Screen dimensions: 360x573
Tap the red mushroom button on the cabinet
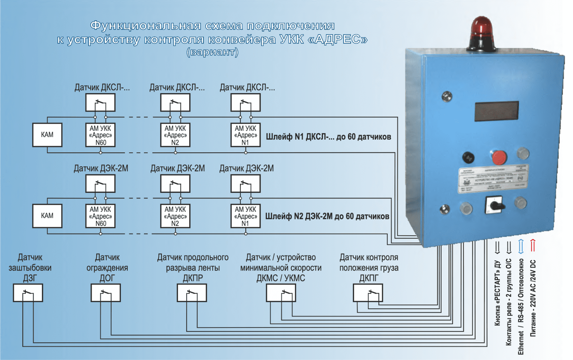point(499,157)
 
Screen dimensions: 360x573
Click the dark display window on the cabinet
point(496,111)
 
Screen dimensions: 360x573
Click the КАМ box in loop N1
point(47,135)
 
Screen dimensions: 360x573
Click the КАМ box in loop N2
point(47,216)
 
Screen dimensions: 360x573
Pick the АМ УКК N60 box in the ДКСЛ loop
point(101,135)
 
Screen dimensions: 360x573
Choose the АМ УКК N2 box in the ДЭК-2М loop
point(175,216)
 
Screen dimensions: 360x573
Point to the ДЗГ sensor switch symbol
point(28,293)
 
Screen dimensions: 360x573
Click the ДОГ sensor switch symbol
point(106,293)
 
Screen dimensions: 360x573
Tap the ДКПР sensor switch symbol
point(192,293)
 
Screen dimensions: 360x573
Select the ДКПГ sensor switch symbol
point(368,293)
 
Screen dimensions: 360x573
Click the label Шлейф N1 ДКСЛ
point(328,137)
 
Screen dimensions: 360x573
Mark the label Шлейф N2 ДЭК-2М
point(327,217)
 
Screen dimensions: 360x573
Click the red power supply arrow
point(533,246)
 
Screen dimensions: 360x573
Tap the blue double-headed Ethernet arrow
point(521,246)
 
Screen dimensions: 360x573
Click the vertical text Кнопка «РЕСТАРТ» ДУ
point(497,293)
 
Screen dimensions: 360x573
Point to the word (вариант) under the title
point(213,52)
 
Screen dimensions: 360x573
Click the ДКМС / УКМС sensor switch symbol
point(281,293)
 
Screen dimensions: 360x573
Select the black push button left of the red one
point(468,157)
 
